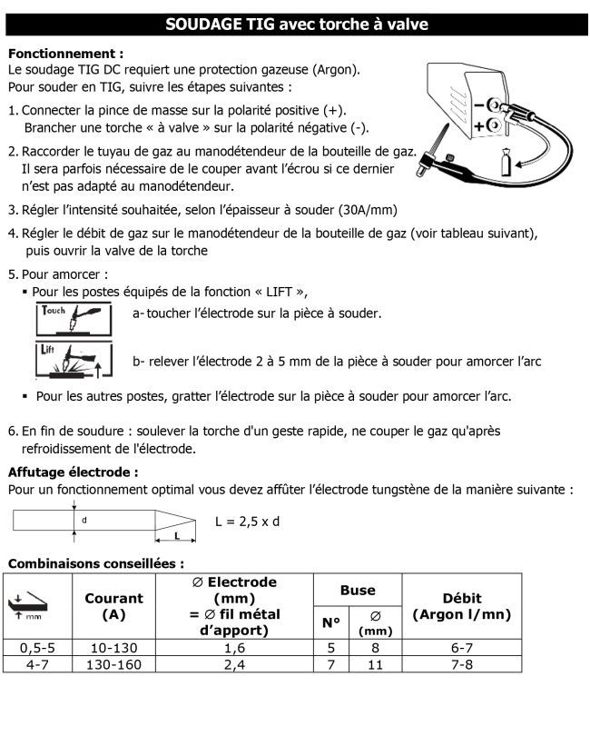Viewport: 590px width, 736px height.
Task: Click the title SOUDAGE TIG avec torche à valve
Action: (x=296, y=25)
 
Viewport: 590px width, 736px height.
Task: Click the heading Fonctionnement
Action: (x=65, y=54)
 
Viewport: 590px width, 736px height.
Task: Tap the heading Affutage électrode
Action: (x=74, y=472)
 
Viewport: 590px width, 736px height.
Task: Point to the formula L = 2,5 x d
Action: (x=248, y=522)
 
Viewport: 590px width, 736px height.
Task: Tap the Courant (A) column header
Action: (x=113, y=606)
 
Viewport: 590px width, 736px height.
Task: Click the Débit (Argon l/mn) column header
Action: (x=462, y=606)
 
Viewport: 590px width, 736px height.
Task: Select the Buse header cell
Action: (x=358, y=590)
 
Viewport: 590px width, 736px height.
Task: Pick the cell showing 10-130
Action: (x=113, y=648)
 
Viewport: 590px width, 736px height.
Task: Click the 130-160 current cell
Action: (x=113, y=664)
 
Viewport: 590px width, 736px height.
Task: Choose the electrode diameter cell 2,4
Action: (x=234, y=664)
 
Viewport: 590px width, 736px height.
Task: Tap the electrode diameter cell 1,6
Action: (x=234, y=648)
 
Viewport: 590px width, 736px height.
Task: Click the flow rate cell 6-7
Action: (x=462, y=648)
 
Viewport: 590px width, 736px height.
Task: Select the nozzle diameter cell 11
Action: (x=375, y=664)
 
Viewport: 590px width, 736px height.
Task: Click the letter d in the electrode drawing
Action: (x=84, y=520)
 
